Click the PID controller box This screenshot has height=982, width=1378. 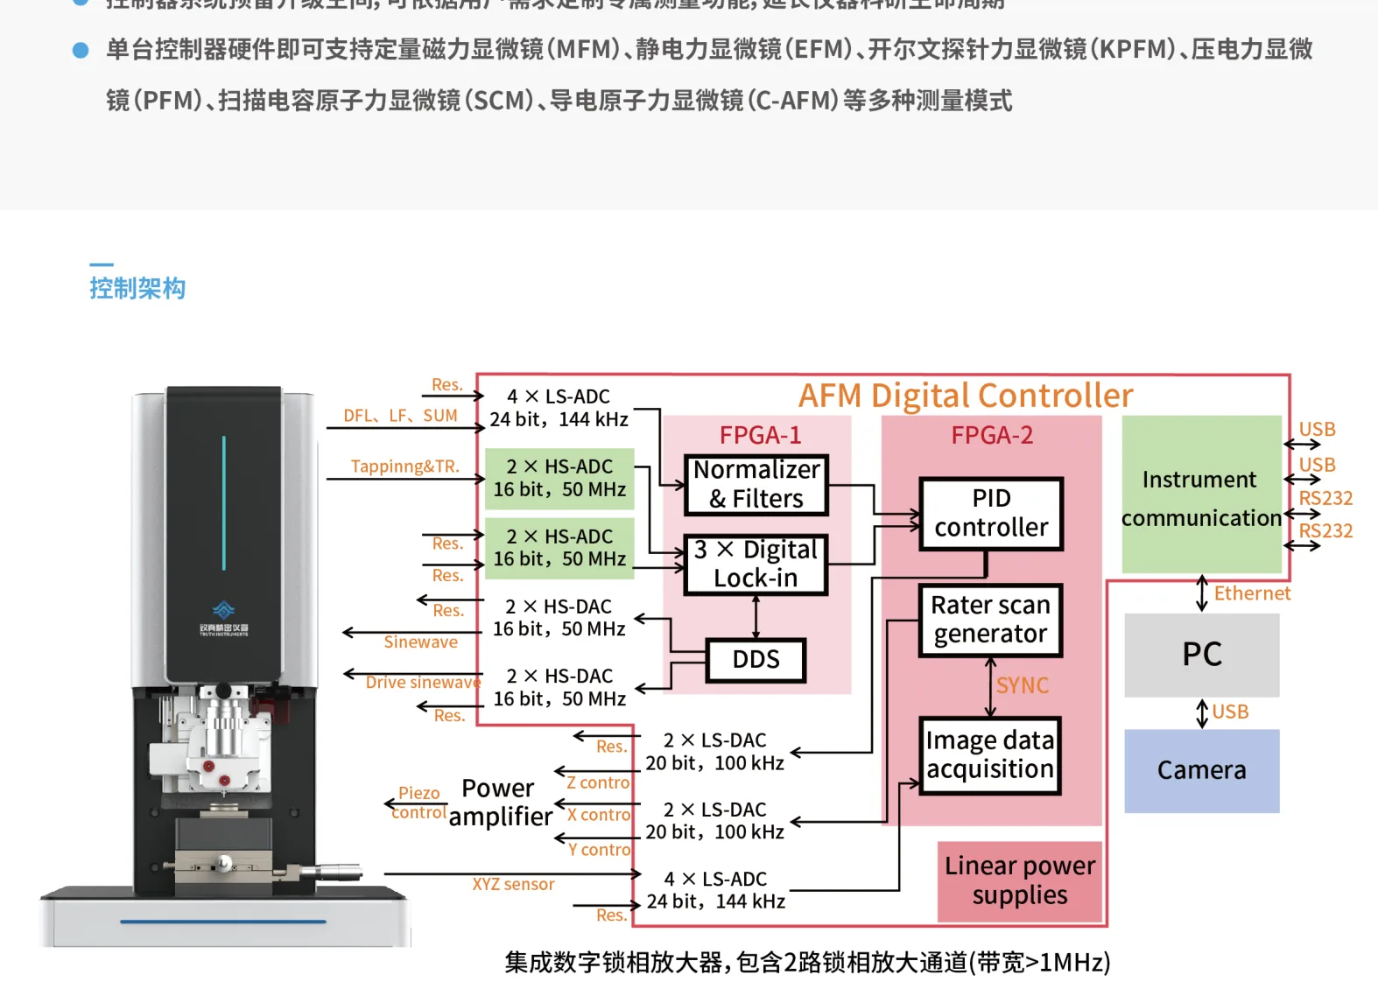click(x=991, y=513)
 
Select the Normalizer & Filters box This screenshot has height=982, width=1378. click(x=756, y=484)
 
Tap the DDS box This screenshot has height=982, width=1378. click(x=756, y=660)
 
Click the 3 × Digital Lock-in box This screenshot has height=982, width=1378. click(x=756, y=564)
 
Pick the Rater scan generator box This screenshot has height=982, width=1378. click(x=990, y=620)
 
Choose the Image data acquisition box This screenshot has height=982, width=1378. click(x=990, y=754)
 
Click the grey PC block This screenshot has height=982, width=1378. click(x=1201, y=655)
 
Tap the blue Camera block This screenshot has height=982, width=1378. click(x=1201, y=770)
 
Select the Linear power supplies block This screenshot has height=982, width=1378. click(x=1020, y=880)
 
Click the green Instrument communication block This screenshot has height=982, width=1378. click(x=1200, y=497)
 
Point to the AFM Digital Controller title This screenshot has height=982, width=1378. click(x=965, y=396)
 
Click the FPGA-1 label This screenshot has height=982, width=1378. click(x=760, y=435)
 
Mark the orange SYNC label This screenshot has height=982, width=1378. click(x=1022, y=685)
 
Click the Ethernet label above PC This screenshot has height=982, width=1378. click(x=1251, y=593)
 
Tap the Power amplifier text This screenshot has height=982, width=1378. click(x=500, y=802)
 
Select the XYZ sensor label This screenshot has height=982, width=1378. click(x=513, y=884)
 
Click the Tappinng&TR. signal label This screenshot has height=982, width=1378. click(x=404, y=466)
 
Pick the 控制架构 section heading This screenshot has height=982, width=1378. click(x=137, y=288)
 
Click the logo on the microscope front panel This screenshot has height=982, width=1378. click(x=224, y=610)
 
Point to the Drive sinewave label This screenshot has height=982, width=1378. click(x=423, y=682)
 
